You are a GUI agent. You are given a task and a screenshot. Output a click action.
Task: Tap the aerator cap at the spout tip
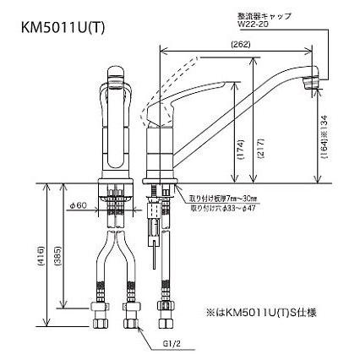tap(309, 82)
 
